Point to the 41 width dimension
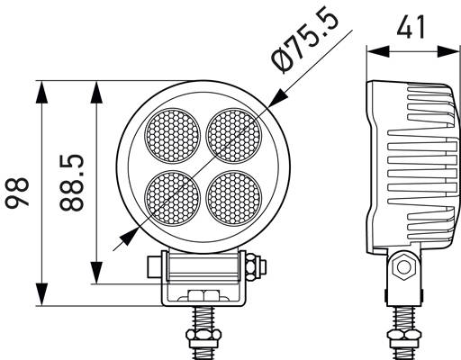pyautogui.click(x=411, y=29)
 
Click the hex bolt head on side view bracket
pyautogui.click(x=402, y=267)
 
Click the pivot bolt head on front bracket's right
pyautogui.click(x=260, y=266)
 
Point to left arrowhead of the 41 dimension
pyautogui.click(x=374, y=50)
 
